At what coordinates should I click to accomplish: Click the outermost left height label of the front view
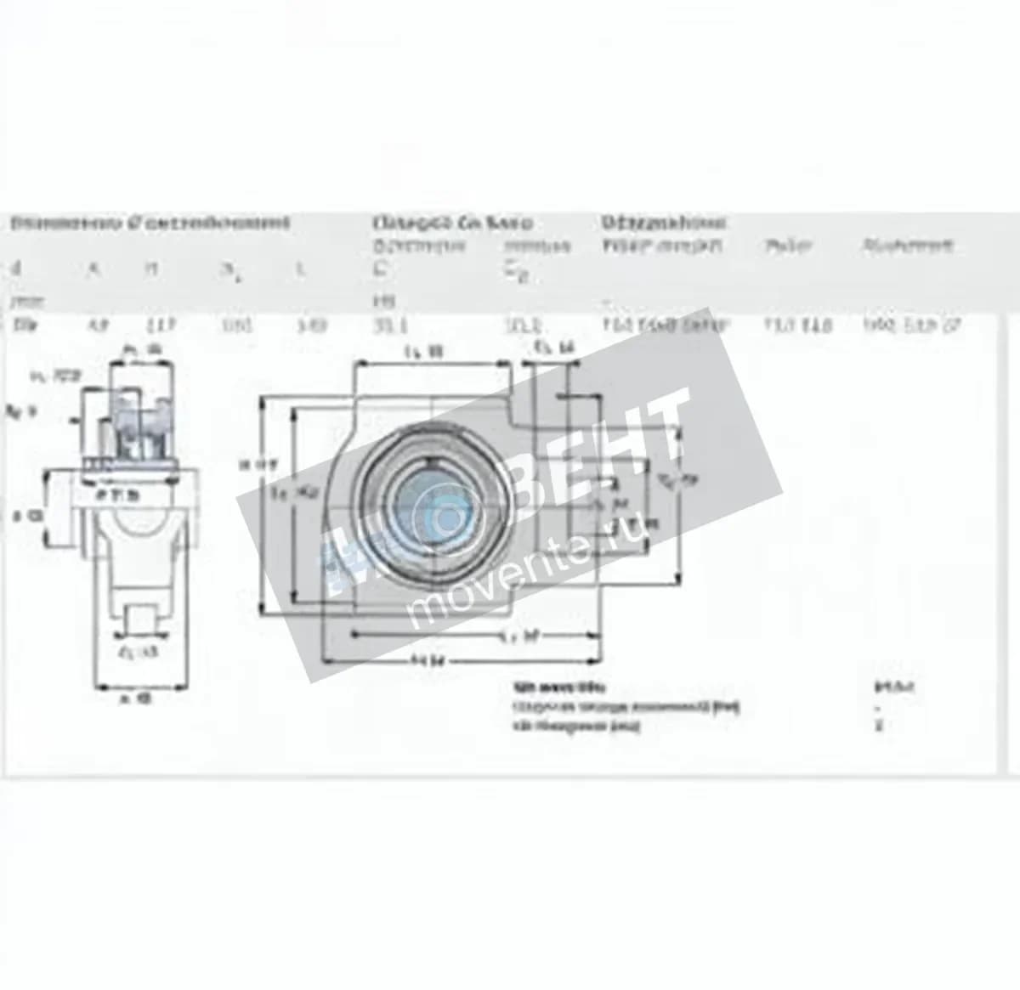click(x=246, y=464)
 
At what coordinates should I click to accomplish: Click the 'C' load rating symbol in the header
click(x=382, y=269)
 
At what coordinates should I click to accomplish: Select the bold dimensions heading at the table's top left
click(x=150, y=223)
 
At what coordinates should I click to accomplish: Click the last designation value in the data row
click(x=911, y=325)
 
